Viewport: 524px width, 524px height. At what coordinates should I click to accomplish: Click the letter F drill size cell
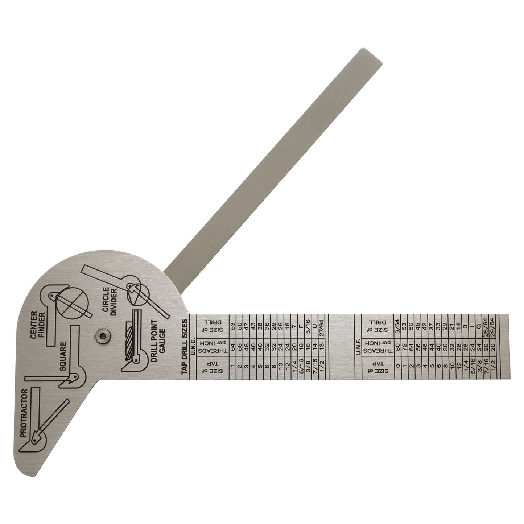[301, 322]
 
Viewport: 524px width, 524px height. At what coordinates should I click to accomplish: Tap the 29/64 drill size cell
[502, 322]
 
